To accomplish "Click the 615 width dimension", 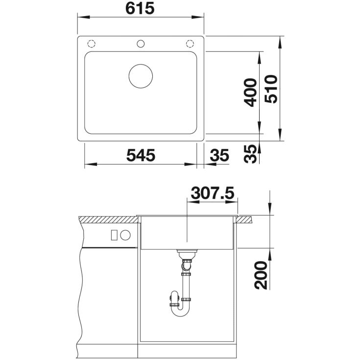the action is click(x=140, y=8).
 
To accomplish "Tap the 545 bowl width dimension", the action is click(x=141, y=155).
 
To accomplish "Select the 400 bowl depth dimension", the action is click(x=250, y=93).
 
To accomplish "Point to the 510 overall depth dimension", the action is click(x=271, y=89).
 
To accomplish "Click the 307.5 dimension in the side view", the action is click(x=213, y=193).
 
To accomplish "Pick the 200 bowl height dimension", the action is click(x=261, y=275).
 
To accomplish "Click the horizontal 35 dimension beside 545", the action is click(x=219, y=155).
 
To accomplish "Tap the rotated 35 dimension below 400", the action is click(x=250, y=154).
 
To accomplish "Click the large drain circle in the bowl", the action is click(x=141, y=76).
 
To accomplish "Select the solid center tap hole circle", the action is click(x=141, y=44).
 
